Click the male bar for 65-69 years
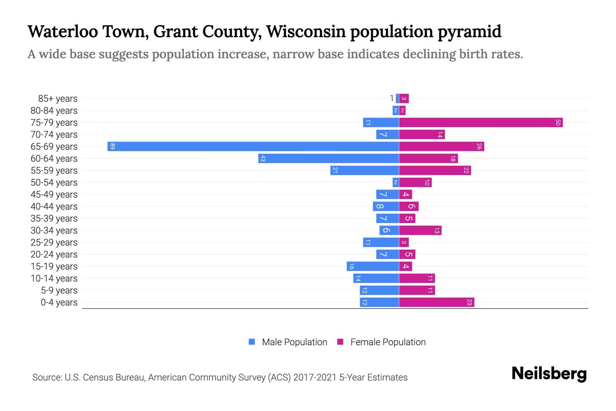pos(253,146)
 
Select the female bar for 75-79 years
pos(481,122)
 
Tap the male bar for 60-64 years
pos(329,158)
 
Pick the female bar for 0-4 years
pos(437,302)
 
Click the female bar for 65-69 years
pos(441,146)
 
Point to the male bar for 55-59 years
pos(365,170)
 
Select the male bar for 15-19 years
pos(373,266)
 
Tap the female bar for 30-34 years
pos(420,230)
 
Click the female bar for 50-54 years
pos(415,182)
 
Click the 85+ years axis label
pos(58,99)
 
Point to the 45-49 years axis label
pos(54,195)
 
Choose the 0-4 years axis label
pos(59,302)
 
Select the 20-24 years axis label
pos(54,254)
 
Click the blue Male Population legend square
pos(252,342)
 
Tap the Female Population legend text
pos(388,342)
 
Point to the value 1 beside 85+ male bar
pos(392,99)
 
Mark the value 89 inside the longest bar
pos(113,146)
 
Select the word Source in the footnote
pos(47,377)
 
